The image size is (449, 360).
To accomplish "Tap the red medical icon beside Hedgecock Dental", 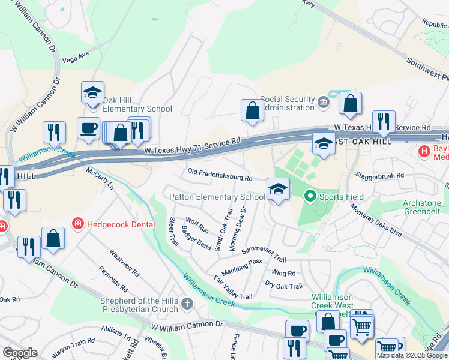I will pos(78,224).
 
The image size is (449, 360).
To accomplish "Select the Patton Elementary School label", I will pos(217,197).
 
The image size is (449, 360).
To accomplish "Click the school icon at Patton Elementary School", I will pos(278,190).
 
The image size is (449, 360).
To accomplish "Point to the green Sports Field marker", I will pos(310,196).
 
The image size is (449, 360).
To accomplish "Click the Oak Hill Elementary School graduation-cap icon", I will pos(93,93).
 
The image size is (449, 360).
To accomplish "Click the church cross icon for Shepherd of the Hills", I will pos(187,304).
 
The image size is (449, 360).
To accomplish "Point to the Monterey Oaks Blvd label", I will pos(376,221).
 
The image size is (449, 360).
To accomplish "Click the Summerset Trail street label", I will pos(263,254).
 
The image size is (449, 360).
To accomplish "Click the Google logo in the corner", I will pos(20,353).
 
